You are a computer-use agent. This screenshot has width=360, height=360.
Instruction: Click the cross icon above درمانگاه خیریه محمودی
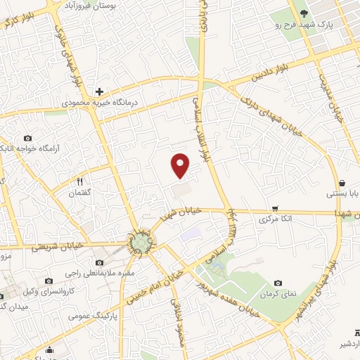100,91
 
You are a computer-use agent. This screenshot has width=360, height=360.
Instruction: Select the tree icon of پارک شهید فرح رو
304,13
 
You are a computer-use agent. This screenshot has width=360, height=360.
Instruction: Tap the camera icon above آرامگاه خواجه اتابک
27,138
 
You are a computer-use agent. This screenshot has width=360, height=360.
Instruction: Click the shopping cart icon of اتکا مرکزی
274,209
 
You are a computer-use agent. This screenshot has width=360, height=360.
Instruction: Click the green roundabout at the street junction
141,243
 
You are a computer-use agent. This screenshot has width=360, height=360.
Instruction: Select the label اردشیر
343,345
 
